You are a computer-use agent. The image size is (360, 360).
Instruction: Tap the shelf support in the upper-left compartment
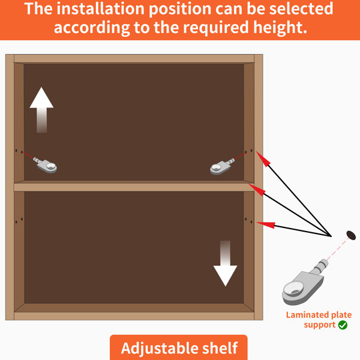(45, 165)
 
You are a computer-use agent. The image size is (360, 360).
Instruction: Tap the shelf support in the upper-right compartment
(222, 166)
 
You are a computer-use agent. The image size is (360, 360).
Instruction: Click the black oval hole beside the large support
(351, 235)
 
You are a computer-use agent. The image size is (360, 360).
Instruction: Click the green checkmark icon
(343, 325)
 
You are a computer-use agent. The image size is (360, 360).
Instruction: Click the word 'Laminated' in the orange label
(304, 315)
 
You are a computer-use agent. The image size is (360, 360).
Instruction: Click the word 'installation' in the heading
(101, 9)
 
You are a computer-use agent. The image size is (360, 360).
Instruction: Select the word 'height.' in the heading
(280, 27)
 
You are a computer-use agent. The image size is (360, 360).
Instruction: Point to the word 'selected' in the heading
(301, 8)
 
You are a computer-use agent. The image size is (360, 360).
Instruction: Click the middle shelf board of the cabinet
(134, 186)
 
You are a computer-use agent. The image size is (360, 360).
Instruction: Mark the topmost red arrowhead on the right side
(262, 158)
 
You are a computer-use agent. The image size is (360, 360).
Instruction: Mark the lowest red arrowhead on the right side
(266, 224)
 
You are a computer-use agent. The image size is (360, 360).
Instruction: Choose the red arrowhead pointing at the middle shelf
(256, 190)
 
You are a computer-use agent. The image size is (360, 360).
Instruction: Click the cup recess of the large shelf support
(295, 288)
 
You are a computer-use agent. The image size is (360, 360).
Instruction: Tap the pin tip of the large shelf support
(324, 262)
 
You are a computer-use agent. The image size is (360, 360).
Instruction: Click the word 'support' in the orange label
(320, 325)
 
